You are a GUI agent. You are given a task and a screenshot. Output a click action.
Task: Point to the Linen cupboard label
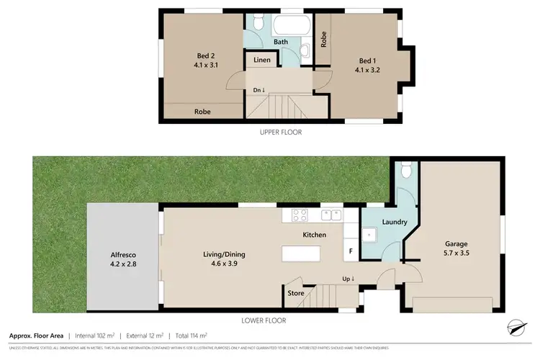pos(262,60)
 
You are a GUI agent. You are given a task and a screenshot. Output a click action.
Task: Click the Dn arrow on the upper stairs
pos(258,90)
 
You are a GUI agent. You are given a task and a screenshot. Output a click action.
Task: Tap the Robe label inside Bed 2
pos(203,112)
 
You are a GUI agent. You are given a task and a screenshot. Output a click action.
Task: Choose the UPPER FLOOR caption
pos(281,132)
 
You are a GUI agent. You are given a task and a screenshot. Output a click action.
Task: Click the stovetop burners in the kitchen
pos(300,214)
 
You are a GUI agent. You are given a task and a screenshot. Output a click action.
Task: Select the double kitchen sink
pos(332,214)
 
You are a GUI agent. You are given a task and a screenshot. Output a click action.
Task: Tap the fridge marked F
pos(351,251)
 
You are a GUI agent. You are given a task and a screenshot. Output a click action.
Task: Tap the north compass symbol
pos(515,327)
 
